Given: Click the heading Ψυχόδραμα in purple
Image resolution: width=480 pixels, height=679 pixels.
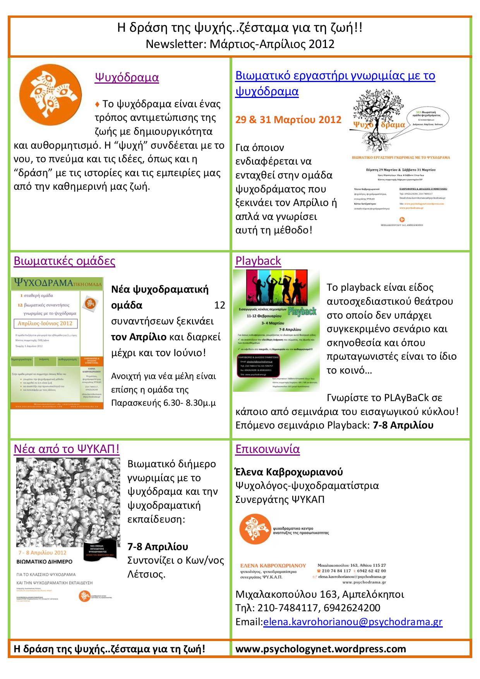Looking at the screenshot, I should click(127, 77).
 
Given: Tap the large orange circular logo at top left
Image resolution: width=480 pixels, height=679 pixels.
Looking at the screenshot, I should click(50, 95).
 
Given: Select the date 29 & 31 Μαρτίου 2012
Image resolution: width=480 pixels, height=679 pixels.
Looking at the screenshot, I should click(288, 120).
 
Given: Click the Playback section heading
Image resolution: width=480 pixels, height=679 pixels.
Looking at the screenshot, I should click(258, 261).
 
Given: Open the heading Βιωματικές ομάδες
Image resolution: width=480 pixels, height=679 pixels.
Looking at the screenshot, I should click(64, 261).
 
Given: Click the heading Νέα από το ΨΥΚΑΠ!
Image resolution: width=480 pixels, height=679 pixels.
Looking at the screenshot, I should click(67, 449).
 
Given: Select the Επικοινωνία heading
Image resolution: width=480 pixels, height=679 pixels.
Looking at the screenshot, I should click(267, 449).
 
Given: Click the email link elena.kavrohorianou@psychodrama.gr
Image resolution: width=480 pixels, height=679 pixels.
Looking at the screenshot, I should click(352, 622).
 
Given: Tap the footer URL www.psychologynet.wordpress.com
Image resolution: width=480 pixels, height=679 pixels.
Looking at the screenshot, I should click(321, 649).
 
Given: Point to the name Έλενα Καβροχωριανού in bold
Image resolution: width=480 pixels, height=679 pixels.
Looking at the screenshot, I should click(289, 472).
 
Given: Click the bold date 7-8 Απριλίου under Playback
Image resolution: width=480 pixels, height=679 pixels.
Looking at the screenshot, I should click(403, 425).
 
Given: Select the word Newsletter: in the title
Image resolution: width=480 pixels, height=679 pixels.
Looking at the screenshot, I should click(176, 44).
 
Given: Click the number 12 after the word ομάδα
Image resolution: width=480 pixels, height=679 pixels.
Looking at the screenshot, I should click(219, 305).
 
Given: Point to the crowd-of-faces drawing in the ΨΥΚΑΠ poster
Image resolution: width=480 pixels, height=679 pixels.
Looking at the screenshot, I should click(68, 501).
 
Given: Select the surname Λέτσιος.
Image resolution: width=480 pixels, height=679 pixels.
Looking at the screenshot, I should click(146, 574).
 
